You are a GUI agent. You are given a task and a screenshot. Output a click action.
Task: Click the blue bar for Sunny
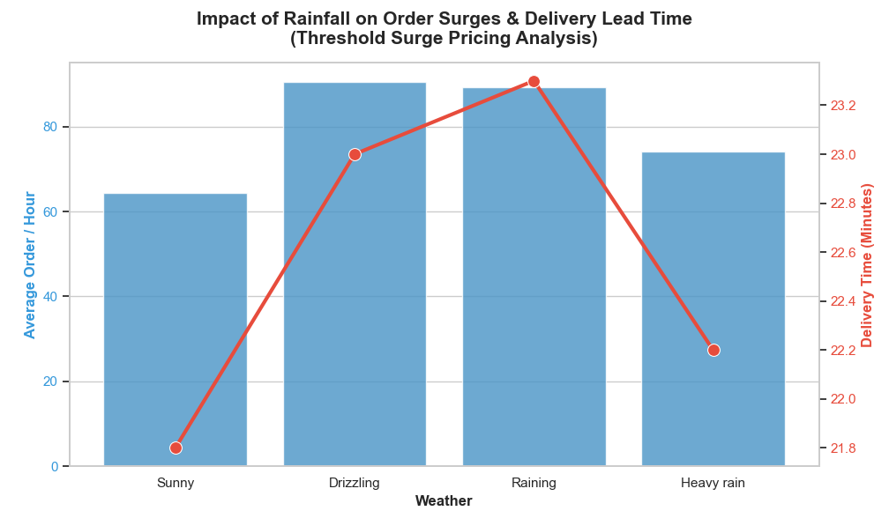[176, 330]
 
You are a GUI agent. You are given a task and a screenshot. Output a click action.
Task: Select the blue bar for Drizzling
[355, 274]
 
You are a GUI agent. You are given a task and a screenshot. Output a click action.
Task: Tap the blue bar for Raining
[534, 277]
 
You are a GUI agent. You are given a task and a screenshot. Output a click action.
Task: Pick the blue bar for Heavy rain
[713, 309]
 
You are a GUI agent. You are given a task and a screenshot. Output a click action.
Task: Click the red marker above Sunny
[176, 448]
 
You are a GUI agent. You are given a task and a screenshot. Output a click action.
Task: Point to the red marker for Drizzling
[355, 154]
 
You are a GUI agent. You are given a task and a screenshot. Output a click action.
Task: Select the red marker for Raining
[534, 81]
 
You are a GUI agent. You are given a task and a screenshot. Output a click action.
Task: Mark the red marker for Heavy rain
[713, 350]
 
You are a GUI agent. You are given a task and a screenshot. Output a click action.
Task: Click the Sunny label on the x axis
[176, 483]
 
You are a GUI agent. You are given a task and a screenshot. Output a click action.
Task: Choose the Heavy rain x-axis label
[713, 483]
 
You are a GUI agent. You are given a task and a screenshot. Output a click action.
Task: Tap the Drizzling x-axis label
[355, 483]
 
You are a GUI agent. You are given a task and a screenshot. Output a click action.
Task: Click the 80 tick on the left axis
[50, 127]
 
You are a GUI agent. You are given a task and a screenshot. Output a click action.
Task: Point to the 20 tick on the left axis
[50, 381]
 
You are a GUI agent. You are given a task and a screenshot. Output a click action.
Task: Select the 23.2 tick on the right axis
[843, 106]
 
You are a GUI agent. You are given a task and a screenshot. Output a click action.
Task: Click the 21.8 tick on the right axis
[843, 448]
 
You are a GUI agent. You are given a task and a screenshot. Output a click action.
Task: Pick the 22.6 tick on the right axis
[843, 253]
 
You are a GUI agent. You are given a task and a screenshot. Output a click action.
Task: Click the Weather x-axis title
[444, 501]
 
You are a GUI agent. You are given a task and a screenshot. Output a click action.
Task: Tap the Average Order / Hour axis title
[31, 264]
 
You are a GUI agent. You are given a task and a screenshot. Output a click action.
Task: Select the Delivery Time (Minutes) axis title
[867, 264]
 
